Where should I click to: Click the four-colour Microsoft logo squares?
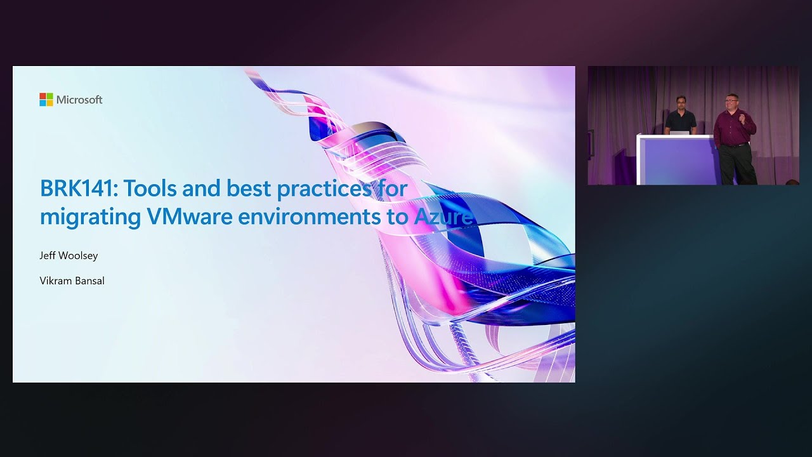(x=46, y=100)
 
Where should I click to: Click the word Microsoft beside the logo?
(x=79, y=100)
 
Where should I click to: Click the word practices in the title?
(x=336, y=189)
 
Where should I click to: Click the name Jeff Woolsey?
(x=69, y=256)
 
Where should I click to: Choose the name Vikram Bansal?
(x=72, y=281)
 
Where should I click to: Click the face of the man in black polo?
(x=681, y=102)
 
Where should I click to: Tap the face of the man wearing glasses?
(x=730, y=102)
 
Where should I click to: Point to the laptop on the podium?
(x=679, y=132)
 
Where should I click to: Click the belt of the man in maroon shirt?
(x=734, y=145)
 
